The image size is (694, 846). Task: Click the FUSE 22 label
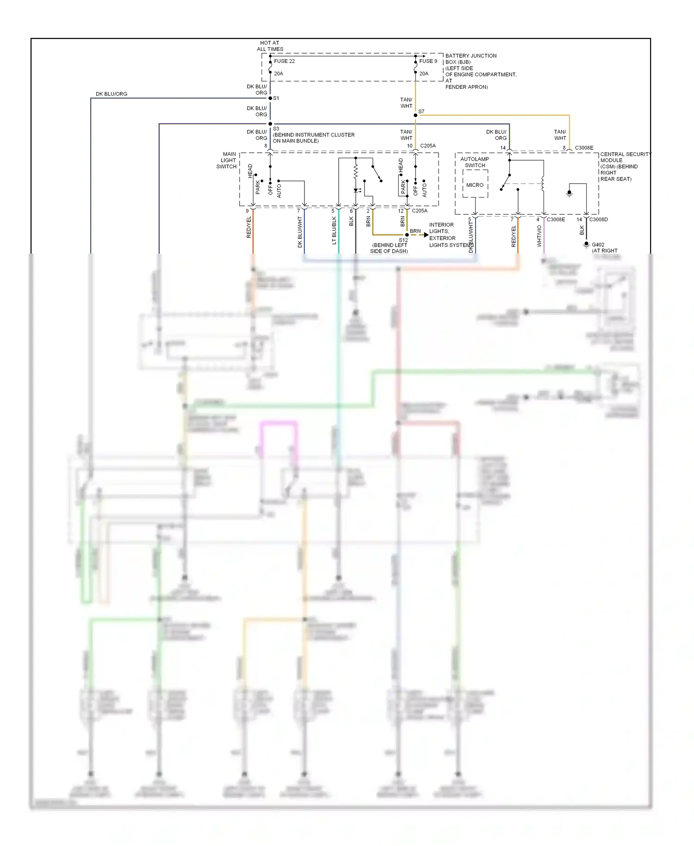point(284,61)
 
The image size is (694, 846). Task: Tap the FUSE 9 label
point(428,61)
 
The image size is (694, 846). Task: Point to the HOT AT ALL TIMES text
point(270,46)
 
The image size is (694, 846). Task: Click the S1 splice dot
point(270,98)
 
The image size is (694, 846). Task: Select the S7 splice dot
point(415,115)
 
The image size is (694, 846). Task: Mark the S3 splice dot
point(270,124)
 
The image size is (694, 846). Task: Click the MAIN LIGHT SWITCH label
point(227,160)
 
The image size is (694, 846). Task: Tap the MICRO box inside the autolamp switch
point(475,185)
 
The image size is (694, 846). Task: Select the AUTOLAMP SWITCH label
point(475,162)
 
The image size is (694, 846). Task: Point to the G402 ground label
point(598,245)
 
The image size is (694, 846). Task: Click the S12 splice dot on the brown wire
point(407,235)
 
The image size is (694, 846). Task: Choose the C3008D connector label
point(598,219)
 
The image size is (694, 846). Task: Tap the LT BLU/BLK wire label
point(334,230)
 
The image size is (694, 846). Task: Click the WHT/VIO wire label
point(539,236)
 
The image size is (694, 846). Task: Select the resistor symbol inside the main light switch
point(355,173)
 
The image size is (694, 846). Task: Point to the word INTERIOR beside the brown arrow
point(441,225)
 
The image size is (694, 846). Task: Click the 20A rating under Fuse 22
point(279,74)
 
